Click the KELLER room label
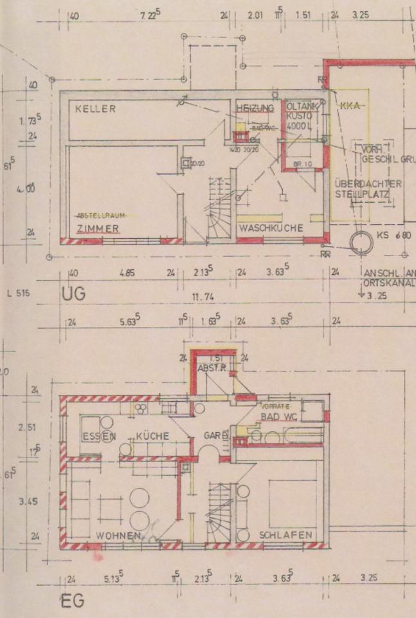pos(95,109)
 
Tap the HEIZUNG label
pos(255,108)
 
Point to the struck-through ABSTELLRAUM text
pos(100,214)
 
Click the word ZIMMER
pos(97,229)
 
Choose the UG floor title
pos(73,295)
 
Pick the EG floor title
pos(72,602)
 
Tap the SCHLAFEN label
pos(285,535)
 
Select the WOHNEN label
pos(118,536)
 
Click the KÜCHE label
pos(152,436)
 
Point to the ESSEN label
pos(98,436)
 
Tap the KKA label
pos(350,106)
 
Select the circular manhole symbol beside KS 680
pos(361,243)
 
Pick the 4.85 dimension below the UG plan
pos(127,272)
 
